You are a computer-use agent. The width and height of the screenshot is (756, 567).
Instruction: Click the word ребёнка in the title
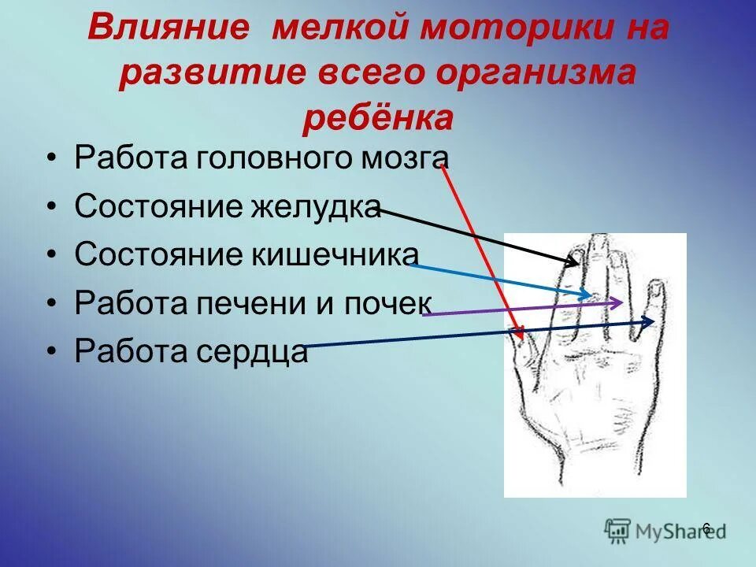click(x=378, y=118)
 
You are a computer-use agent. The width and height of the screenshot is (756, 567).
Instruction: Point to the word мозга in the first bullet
click(x=403, y=157)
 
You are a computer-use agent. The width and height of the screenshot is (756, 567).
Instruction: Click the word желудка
click(x=317, y=206)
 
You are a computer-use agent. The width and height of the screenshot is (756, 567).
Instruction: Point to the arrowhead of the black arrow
click(x=573, y=261)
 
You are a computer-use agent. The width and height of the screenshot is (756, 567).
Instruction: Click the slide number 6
click(x=706, y=528)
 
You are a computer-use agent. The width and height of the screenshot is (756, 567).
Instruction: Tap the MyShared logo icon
click(x=618, y=529)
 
